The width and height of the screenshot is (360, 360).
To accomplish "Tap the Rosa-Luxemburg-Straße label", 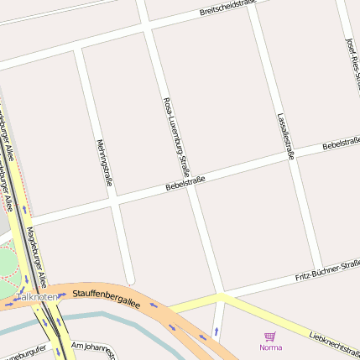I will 176,133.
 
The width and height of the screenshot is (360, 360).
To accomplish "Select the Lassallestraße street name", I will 284,135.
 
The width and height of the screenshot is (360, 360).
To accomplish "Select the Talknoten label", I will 38,297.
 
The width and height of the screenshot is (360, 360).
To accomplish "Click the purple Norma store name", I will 270,347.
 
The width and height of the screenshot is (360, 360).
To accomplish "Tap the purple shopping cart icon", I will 270,336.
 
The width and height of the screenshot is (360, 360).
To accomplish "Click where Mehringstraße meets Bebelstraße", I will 112,203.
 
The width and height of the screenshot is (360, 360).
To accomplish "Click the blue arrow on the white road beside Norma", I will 217,331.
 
